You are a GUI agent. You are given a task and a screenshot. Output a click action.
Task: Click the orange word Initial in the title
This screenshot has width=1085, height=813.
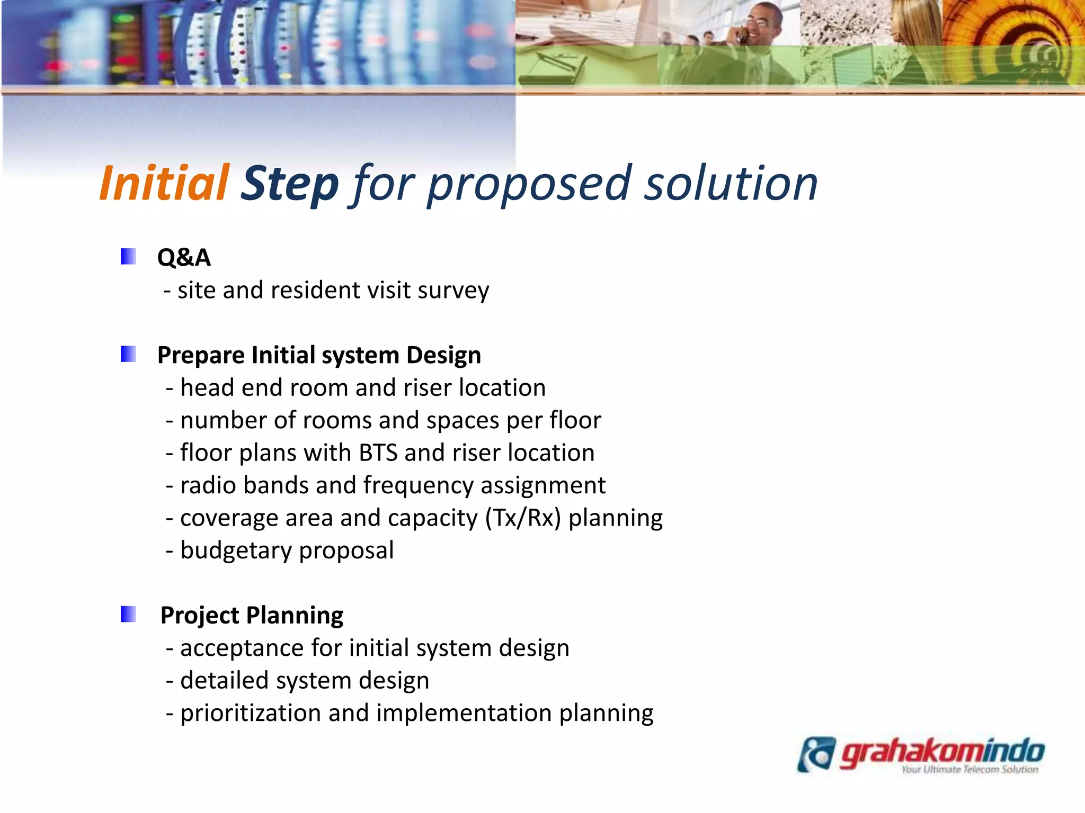point(164,183)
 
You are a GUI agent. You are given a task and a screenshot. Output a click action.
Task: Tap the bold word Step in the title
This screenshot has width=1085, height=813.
point(289,183)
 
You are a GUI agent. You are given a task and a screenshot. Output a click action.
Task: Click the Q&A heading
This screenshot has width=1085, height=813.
point(184,258)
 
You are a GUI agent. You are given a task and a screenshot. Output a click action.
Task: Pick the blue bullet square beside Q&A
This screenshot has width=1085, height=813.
point(128,257)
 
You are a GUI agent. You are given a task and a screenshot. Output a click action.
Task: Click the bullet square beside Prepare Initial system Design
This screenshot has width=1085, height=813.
point(128,354)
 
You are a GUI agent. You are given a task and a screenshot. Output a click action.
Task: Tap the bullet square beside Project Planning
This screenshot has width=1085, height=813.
point(128,615)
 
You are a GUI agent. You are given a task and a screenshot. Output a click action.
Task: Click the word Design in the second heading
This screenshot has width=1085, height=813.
point(443,355)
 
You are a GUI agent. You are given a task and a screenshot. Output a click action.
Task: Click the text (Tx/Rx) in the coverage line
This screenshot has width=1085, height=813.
point(523,518)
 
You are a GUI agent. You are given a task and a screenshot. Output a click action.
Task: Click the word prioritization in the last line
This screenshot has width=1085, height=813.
point(250,713)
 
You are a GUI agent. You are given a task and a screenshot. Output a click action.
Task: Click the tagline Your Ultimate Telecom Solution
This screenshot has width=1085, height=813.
point(970,770)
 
